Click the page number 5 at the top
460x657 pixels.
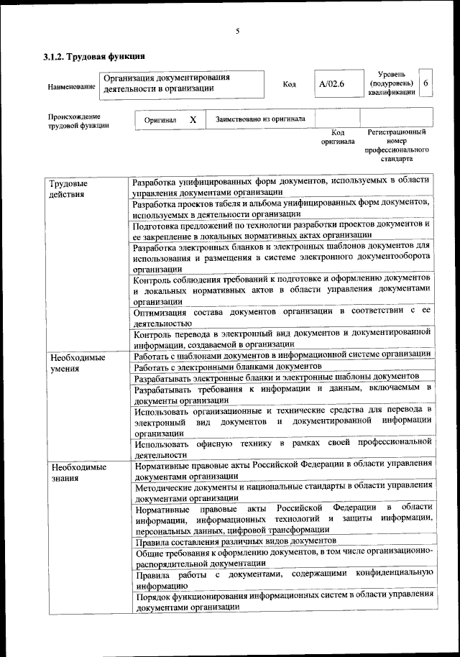[236, 30]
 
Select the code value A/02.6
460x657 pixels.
[332, 84]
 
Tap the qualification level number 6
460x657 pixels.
[426, 83]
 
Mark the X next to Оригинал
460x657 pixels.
[193, 119]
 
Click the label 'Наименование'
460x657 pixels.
[71, 87]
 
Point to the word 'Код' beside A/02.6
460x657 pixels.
[290, 84]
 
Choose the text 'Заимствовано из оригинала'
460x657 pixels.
[260, 119]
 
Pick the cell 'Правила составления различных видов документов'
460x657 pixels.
[234, 539]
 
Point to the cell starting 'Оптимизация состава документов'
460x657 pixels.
[281, 317]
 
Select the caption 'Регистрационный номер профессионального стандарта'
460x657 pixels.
[396, 145]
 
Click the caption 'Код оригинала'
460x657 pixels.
[338, 137]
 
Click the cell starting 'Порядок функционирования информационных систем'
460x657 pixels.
[281, 600]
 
